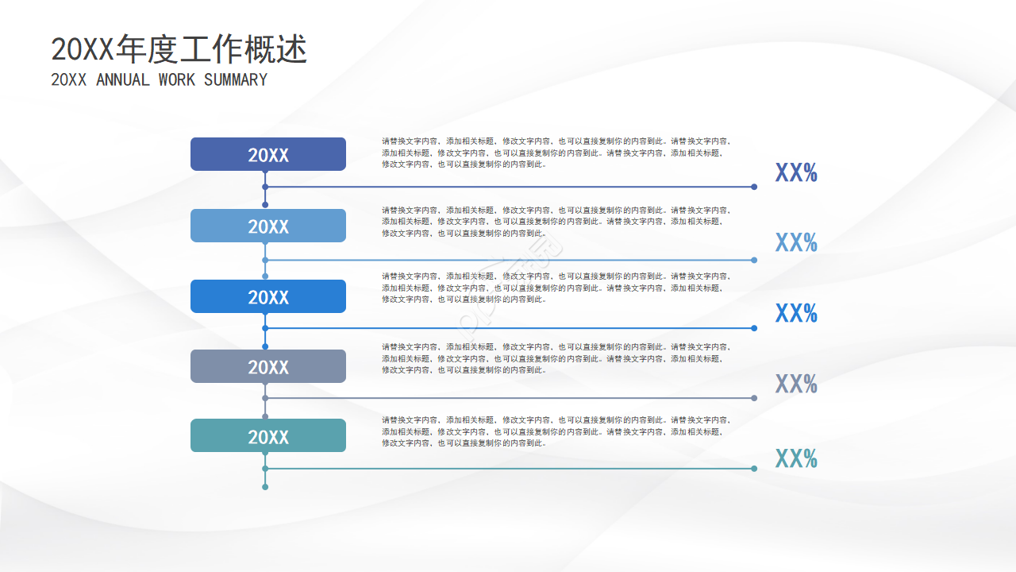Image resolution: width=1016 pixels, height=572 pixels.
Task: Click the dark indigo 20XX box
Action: pos(268,154)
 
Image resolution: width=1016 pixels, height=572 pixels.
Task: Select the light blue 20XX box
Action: pos(268,226)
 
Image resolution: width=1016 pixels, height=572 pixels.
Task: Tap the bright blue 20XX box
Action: pos(268,296)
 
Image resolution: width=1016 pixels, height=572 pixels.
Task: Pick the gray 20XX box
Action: pos(268,366)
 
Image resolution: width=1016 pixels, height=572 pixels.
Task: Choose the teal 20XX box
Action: pos(268,436)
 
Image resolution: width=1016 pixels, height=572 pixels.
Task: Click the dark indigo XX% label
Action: pos(796,172)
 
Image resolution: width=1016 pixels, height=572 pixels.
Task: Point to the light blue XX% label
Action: pos(796,242)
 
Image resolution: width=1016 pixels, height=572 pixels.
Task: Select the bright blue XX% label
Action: pos(796,313)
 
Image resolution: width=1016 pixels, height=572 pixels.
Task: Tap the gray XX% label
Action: pos(796,384)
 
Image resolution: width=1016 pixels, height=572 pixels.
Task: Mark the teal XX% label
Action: pos(796,458)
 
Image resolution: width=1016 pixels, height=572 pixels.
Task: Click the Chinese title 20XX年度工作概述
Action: pos(179,50)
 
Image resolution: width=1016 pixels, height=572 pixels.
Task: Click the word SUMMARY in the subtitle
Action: pos(236,80)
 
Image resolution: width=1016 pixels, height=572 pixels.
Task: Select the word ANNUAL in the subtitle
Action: pos(122,80)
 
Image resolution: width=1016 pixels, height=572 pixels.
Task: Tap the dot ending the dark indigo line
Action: pos(754,187)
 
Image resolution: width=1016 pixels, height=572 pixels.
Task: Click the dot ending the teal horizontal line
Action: pos(754,469)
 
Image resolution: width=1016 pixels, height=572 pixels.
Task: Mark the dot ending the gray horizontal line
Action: pos(754,398)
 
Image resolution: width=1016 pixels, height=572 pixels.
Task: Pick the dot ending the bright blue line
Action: pos(754,328)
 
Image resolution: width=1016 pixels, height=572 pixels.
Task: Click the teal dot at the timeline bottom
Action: pos(265,487)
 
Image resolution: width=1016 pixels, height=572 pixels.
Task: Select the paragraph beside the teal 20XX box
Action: pos(556,431)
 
